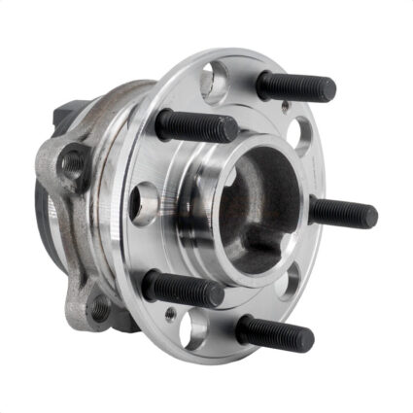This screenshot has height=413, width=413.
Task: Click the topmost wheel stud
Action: pyautogui.click(x=296, y=86)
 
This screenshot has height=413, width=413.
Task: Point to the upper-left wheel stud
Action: pyautogui.click(x=197, y=125)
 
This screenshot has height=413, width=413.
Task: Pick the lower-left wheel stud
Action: pyautogui.click(x=185, y=288)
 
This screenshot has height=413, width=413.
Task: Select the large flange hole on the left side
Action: pyautogui.click(x=145, y=204)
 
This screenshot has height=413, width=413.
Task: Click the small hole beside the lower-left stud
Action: pyautogui.click(x=171, y=313)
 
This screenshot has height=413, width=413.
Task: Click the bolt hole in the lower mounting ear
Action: pyautogui.click(x=98, y=310)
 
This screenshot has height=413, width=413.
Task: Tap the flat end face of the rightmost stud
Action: pyautogui.click(x=372, y=217)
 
